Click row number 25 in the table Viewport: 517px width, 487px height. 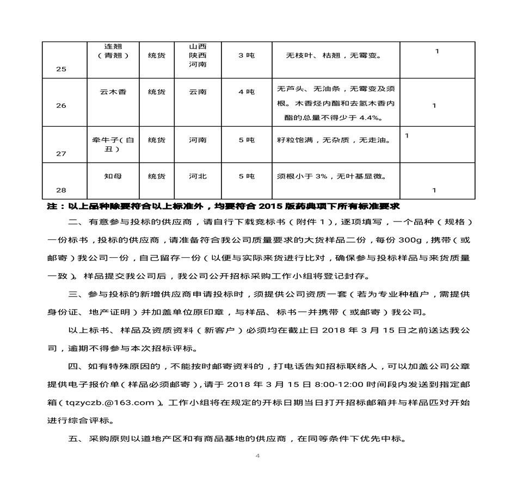61,70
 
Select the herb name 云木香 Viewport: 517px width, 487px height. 113,92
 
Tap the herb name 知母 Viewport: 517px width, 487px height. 113,176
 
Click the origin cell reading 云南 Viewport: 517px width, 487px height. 198,92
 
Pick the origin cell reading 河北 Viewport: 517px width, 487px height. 198,176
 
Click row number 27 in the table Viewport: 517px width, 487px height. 61,154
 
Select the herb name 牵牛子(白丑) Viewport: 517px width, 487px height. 113,144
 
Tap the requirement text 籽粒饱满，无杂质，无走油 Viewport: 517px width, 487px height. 334,140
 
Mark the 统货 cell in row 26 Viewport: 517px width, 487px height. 157,92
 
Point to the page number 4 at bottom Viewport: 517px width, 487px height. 257,456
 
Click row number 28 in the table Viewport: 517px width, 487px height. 61,190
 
